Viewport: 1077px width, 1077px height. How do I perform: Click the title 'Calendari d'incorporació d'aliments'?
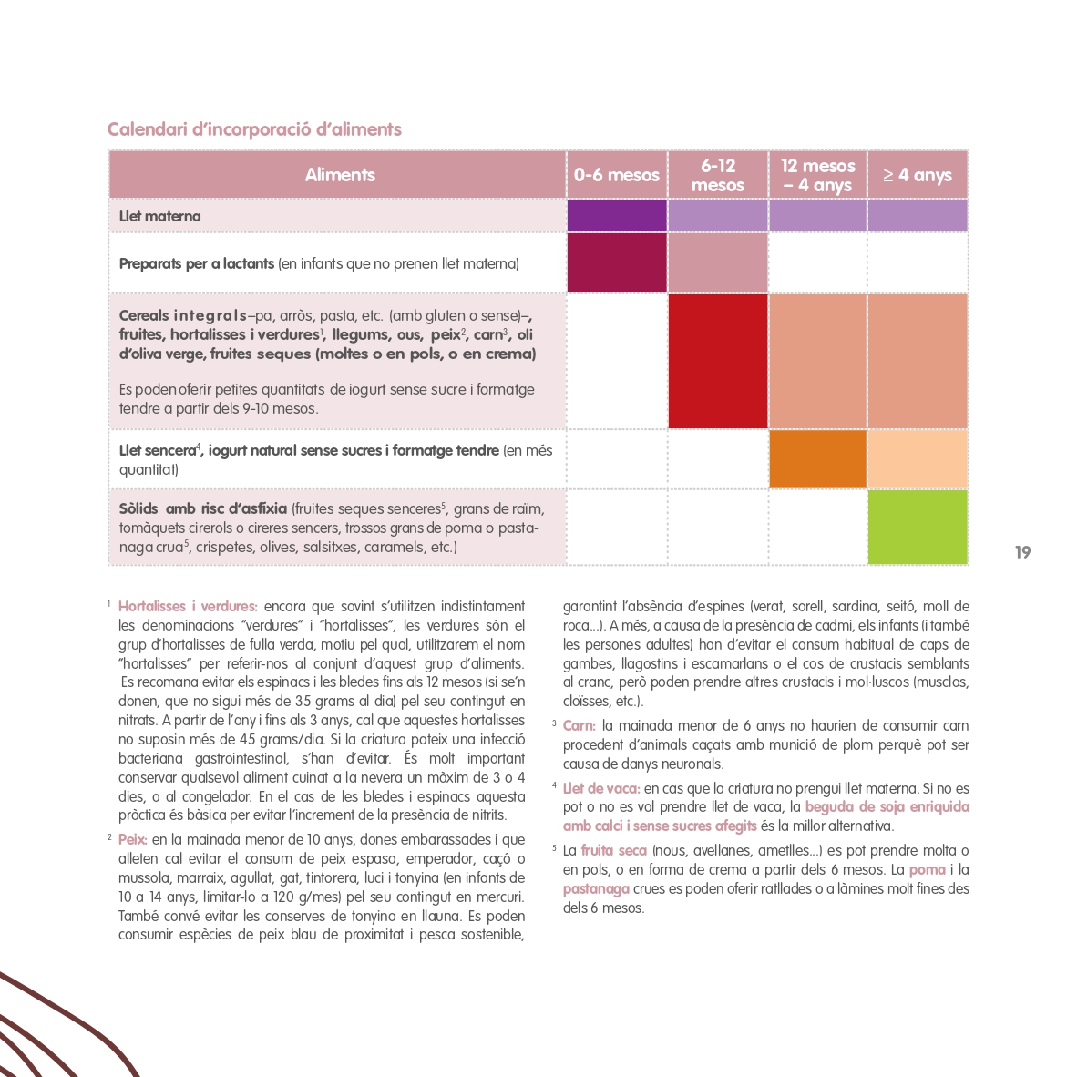254,129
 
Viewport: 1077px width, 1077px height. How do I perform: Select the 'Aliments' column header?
339,175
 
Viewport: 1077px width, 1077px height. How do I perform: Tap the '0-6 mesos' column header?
617,175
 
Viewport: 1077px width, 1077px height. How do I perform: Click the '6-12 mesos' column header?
718,175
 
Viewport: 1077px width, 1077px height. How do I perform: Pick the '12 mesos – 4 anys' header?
817,175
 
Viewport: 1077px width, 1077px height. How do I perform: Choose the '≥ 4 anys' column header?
917,175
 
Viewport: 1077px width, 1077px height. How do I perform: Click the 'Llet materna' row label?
160,217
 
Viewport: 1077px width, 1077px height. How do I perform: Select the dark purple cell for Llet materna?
617,217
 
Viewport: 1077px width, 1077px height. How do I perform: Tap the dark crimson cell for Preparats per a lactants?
617,263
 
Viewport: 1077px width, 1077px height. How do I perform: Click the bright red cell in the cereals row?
718,362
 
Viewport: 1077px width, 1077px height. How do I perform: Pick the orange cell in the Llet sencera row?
817,459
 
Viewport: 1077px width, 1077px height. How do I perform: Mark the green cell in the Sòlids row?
917,528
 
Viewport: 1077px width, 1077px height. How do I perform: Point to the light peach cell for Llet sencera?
917,459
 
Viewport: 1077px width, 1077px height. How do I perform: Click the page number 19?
1022,552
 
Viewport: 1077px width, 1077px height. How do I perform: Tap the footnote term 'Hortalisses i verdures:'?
188,607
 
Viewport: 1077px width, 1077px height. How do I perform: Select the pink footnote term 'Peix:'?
133,840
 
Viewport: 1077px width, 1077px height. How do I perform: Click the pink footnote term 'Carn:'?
579,726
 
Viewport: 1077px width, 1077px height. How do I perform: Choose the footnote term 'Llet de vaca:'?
601,788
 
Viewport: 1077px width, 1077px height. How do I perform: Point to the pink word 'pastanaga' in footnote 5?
596,889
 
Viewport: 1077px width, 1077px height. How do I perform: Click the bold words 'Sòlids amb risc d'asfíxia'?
203,508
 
